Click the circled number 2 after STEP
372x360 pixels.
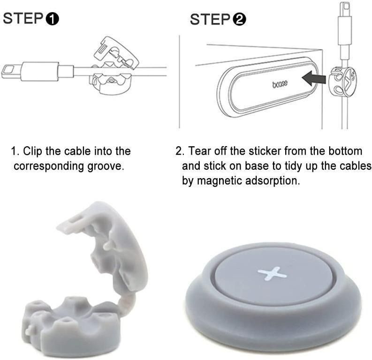(x=239, y=20)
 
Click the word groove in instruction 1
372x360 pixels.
(x=107, y=166)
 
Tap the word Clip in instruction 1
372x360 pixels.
(x=32, y=151)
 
